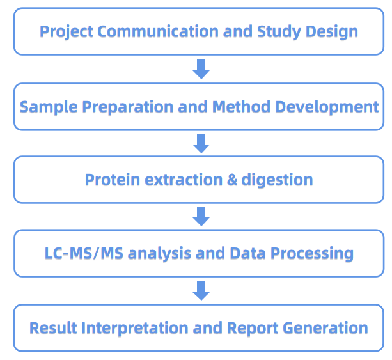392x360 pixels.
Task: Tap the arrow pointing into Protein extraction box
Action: point(201,143)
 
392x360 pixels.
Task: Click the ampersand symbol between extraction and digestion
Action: point(232,180)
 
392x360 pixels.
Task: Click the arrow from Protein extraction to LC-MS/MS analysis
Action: point(201,217)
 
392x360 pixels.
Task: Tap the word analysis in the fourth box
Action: point(161,254)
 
